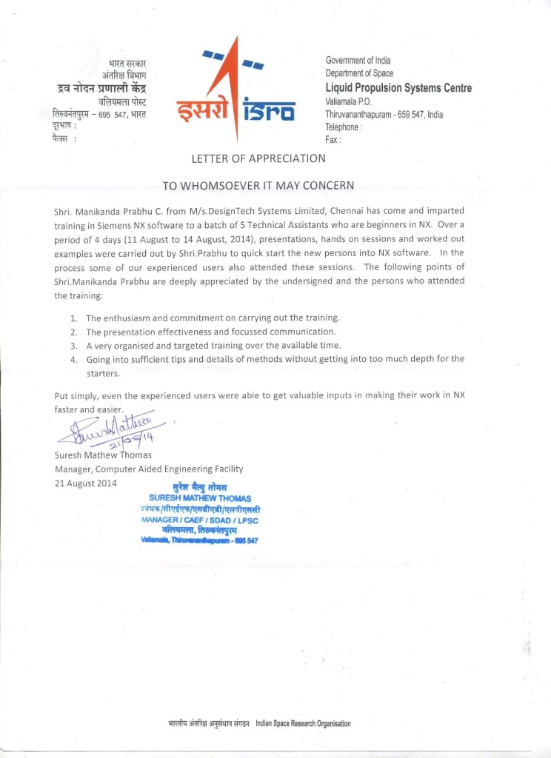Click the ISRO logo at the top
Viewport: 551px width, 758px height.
pyautogui.click(x=236, y=93)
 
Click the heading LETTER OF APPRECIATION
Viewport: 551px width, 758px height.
pyautogui.click(x=258, y=158)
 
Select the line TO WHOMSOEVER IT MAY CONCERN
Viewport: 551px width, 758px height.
pyautogui.click(x=258, y=185)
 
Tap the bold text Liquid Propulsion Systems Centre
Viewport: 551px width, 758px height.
pyautogui.click(x=398, y=88)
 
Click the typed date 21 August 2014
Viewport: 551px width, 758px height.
pyautogui.click(x=87, y=483)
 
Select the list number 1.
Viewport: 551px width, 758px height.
pyautogui.click(x=74, y=318)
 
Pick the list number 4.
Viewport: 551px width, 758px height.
pyautogui.click(x=74, y=359)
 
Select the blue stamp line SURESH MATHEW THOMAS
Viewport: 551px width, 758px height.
pyautogui.click(x=200, y=498)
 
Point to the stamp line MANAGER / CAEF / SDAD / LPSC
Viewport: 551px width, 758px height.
pyautogui.click(x=200, y=520)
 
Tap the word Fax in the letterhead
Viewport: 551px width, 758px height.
pyautogui.click(x=332, y=140)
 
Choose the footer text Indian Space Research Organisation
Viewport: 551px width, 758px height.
pyautogui.click(x=303, y=723)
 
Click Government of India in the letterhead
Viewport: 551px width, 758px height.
pyautogui.click(x=358, y=60)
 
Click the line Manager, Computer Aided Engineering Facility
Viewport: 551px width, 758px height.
pyautogui.click(x=149, y=469)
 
